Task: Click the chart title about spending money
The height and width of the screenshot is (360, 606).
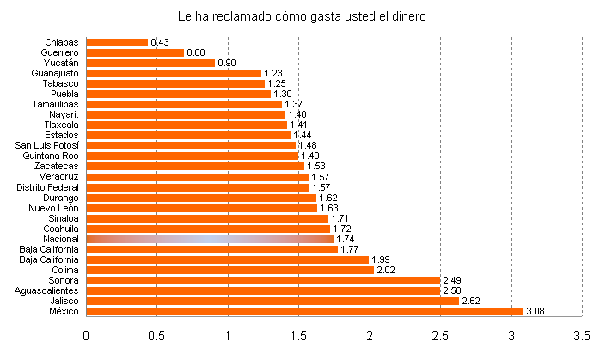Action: pyautogui.click(x=302, y=16)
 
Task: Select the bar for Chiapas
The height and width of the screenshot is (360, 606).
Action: pyautogui.click(x=117, y=42)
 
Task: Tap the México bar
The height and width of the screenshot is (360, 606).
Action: pyautogui.click(x=304, y=311)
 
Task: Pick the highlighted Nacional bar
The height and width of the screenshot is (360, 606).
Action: pyautogui.click(x=209, y=239)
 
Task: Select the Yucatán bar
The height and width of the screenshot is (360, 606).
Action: pyautogui.click(x=150, y=63)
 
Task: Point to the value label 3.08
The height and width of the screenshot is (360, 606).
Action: pyautogui.click(x=536, y=311)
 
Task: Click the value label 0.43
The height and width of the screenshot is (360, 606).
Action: pyautogui.click(x=159, y=42)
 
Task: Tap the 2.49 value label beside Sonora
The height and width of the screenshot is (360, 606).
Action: pyautogui.click(x=452, y=280)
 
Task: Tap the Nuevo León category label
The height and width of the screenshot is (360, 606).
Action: pyautogui.click(x=53, y=208)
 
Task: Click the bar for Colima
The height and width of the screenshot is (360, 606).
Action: pyautogui.click(x=230, y=270)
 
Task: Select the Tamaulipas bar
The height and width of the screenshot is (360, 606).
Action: pyautogui.click(x=184, y=104)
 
